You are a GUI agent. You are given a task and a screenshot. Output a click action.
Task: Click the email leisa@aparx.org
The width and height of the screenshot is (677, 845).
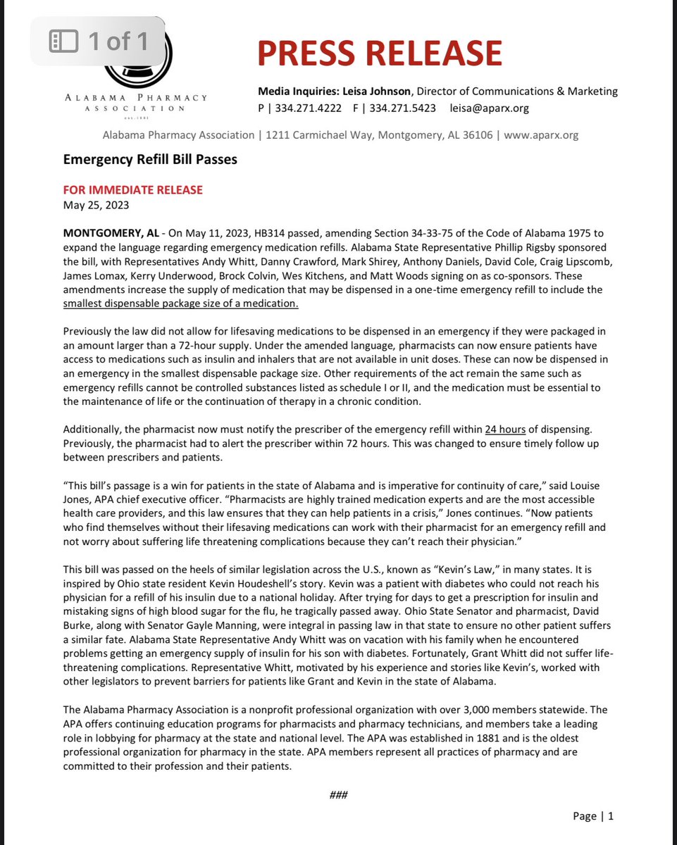490,108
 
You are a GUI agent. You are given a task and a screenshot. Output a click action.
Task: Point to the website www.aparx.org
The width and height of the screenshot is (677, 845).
541,134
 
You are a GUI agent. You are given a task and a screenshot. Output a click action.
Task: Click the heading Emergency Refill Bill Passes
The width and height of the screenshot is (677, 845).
150,159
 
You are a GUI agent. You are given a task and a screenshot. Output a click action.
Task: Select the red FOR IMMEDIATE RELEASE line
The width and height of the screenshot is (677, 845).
133,190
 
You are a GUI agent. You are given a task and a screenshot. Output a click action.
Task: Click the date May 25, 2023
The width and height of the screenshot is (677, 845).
96,206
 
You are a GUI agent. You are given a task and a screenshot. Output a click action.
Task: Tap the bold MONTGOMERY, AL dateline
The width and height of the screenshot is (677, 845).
111,233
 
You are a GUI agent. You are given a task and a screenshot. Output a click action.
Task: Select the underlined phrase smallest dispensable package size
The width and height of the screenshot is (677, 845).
181,303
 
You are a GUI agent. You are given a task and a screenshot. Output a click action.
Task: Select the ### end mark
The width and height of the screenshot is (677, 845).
338,795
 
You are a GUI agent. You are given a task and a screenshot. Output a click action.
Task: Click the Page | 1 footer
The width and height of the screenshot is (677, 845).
593,816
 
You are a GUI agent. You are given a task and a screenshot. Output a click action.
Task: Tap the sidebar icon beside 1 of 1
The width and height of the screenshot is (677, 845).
63,42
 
